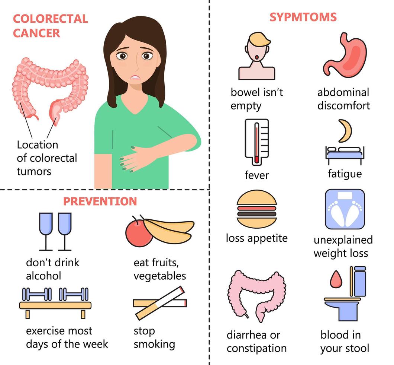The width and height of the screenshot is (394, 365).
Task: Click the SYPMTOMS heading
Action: (303, 17)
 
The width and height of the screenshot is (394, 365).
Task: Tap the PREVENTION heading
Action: (100, 201)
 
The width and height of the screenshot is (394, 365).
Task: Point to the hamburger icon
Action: (256, 209)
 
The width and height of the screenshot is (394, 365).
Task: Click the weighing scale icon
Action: (345, 209)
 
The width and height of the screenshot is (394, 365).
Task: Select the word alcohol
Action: (43, 276)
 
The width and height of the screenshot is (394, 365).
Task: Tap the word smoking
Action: (154, 344)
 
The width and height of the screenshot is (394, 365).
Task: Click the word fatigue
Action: (345, 174)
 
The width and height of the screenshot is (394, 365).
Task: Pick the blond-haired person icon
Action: (256, 56)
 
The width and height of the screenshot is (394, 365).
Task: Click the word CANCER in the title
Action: (36, 33)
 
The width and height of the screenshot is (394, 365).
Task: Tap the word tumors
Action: (34, 171)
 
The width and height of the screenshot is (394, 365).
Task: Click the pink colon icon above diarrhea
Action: (256, 294)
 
